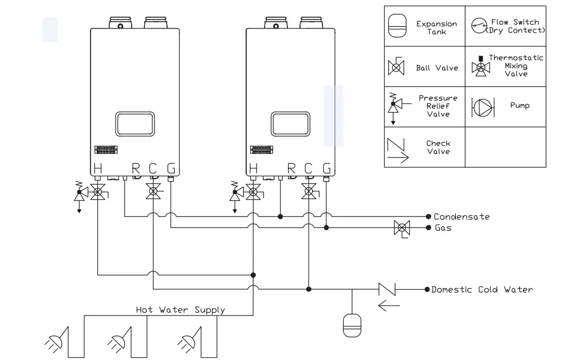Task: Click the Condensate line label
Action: (461, 217)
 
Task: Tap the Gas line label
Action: (443, 228)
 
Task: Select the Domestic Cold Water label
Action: (482, 290)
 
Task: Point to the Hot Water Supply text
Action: (180, 310)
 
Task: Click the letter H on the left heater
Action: (98, 168)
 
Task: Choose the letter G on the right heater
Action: (326, 168)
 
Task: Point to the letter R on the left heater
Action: (136, 168)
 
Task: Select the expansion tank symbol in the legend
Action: (397, 26)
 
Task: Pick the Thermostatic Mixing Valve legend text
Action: (516, 66)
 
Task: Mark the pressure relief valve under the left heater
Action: (79, 194)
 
